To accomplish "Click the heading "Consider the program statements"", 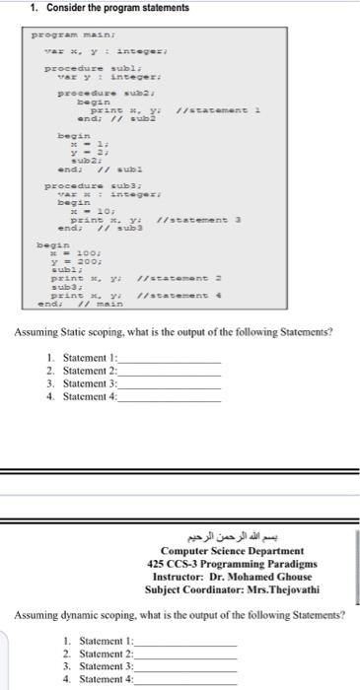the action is pos(99,8).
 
